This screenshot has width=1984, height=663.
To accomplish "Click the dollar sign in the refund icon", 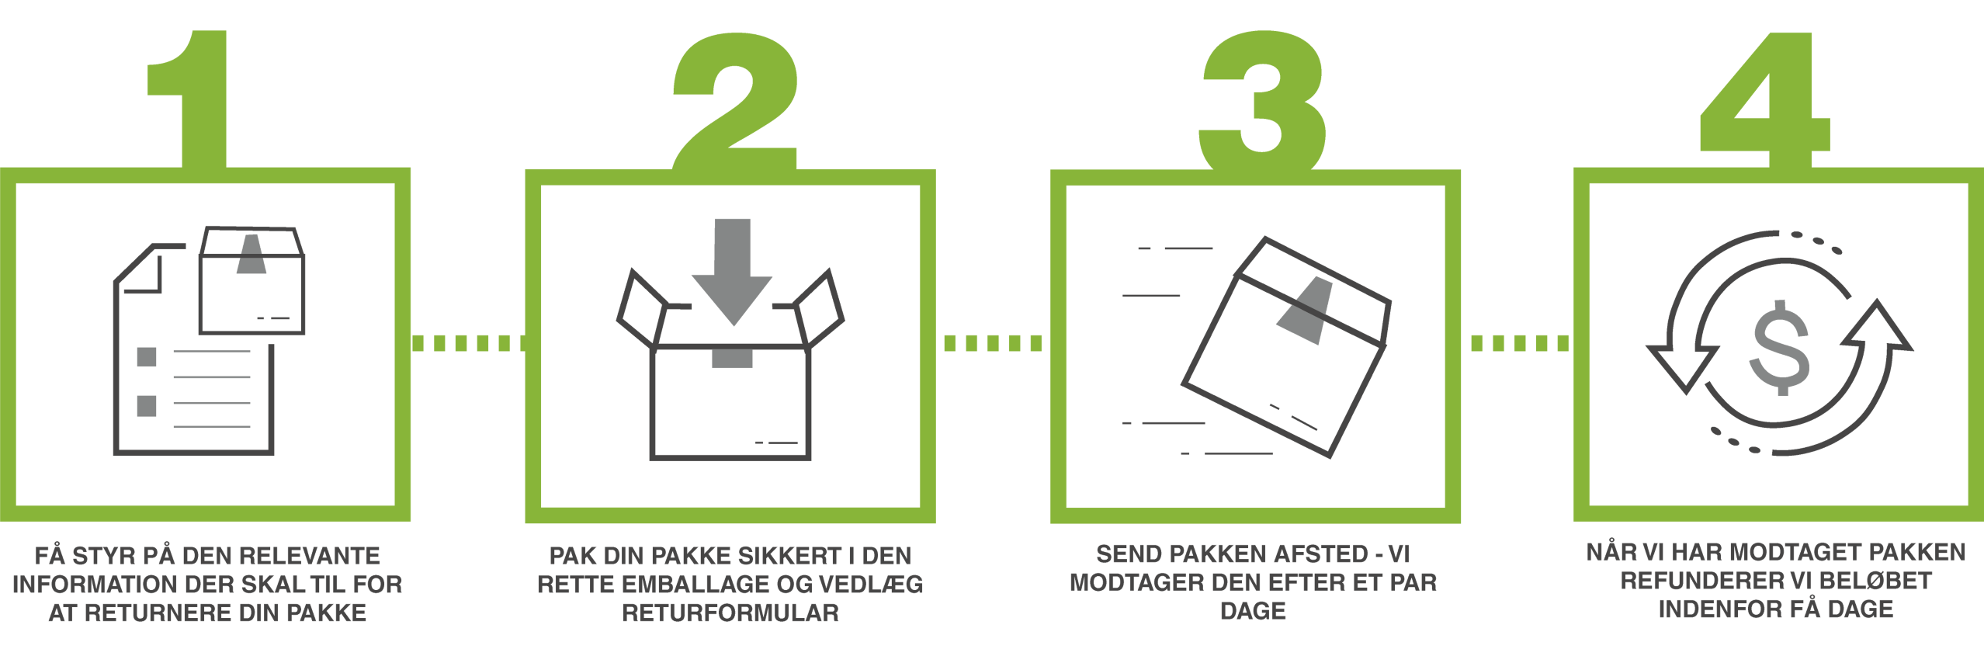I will coord(1781,348).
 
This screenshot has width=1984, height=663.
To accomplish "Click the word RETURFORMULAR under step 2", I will coord(730,613).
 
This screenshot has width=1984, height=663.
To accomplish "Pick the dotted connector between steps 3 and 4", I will coord(1520,342).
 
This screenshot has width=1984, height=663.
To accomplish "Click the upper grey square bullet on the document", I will coord(147,357).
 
